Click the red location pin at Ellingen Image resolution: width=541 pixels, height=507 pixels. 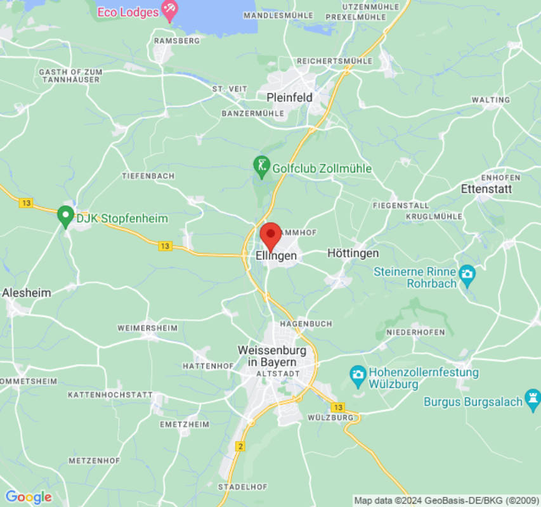click(271, 234)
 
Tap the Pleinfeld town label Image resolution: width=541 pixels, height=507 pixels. click(289, 98)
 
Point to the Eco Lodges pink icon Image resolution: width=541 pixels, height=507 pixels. click(169, 10)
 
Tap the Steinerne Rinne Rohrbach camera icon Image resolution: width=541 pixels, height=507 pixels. click(467, 274)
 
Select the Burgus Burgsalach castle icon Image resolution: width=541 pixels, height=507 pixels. click(532, 401)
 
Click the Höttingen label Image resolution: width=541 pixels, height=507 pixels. click(353, 253)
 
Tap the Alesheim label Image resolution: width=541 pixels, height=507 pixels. click(27, 293)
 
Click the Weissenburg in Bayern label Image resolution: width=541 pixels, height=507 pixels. click(272, 356)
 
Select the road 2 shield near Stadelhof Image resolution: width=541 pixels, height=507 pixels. click(240, 447)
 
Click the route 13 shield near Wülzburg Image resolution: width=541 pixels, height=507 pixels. click(338, 407)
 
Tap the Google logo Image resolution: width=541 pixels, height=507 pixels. click(28, 497)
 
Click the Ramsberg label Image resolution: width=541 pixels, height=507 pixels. click(177, 41)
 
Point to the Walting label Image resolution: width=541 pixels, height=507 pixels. click(490, 100)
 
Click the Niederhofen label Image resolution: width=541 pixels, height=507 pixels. click(415, 332)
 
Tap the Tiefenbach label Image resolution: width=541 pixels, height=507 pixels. click(148, 176)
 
